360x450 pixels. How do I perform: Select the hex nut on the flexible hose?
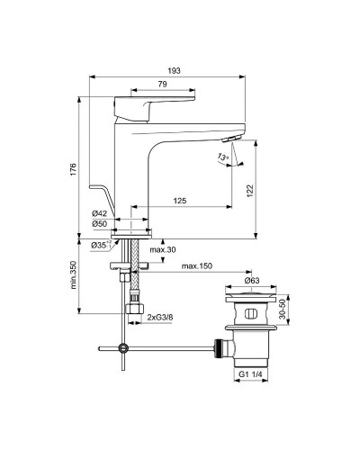[x=134, y=311]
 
